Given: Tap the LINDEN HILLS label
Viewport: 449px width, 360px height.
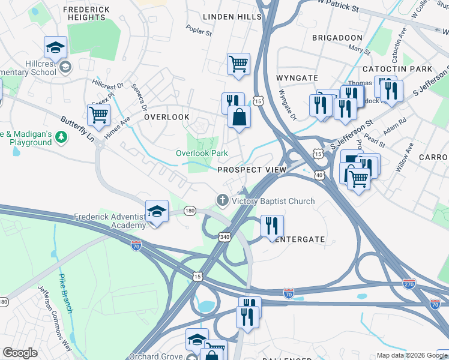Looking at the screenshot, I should point(231,17).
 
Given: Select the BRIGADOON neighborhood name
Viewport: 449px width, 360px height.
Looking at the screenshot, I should point(337,37).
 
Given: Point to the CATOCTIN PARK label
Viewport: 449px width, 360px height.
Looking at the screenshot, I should point(413,70).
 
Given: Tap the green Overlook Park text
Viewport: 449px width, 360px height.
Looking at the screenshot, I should point(202,153).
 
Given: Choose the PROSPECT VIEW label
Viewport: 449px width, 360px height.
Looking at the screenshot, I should point(252,170).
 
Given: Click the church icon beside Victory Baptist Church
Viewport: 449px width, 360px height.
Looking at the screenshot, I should point(222,200).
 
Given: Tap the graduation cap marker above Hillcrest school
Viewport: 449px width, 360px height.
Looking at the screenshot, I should point(55,47).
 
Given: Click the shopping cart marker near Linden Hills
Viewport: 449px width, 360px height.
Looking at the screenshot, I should point(238,63).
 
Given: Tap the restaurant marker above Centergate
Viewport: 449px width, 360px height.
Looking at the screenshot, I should point(272,226).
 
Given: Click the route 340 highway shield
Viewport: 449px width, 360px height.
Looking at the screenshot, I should point(224,237).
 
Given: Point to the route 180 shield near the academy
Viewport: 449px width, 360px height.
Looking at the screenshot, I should point(190,210).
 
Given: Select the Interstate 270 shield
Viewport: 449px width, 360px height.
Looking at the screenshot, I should point(409,283).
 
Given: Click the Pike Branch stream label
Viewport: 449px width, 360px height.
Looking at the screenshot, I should point(65,293).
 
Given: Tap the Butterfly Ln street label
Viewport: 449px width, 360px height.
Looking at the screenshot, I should point(78,129).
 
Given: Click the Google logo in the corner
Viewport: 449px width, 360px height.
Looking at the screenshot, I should point(20,353).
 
